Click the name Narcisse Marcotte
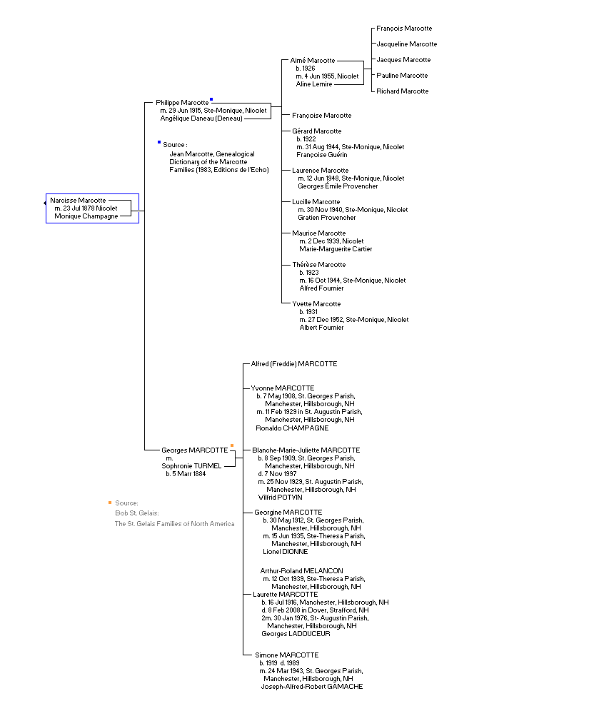tap(78, 201)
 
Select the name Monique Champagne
tap(86, 216)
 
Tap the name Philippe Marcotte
tap(182, 103)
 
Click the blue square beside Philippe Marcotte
tap(211, 99)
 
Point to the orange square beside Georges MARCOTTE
tap(232, 445)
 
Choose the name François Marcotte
tap(404, 29)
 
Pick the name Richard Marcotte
tap(403, 91)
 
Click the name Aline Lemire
tap(314, 84)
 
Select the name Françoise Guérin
tap(322, 155)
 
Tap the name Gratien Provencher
tap(327, 218)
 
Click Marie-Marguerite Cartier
tap(336, 248)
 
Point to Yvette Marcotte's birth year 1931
tap(312, 312)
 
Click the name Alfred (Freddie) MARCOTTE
tap(294, 364)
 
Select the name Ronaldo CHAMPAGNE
tap(293, 428)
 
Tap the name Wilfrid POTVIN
tap(281, 498)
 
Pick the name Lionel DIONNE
tap(286, 552)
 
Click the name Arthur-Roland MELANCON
tap(301, 571)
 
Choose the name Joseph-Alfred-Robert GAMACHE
tap(312, 687)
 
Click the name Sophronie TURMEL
tap(191, 466)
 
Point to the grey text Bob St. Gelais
tap(137, 513)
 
